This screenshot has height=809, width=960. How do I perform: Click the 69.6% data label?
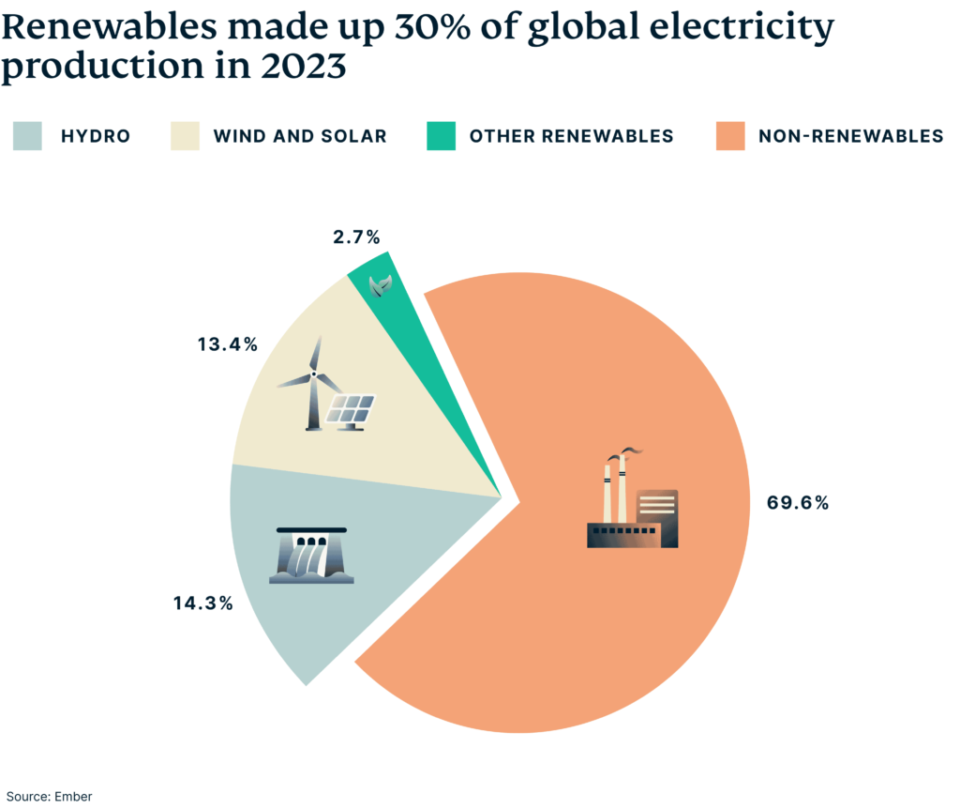(x=798, y=502)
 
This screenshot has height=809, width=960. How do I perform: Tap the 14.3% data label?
(x=202, y=603)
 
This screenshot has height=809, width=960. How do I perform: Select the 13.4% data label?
(x=227, y=344)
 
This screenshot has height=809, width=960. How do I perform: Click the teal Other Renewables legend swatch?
(x=442, y=136)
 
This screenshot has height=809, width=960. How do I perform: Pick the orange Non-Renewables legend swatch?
(x=730, y=136)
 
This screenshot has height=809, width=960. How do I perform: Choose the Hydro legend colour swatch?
(x=27, y=136)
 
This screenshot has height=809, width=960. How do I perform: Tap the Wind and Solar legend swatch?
(x=185, y=136)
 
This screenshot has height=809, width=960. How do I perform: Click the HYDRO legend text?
(x=95, y=136)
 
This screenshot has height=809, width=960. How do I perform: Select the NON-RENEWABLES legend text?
(x=850, y=136)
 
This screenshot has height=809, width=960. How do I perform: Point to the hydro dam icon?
(x=311, y=556)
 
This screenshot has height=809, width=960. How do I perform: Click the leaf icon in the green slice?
(x=380, y=283)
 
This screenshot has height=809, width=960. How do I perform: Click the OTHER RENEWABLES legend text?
(x=571, y=136)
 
